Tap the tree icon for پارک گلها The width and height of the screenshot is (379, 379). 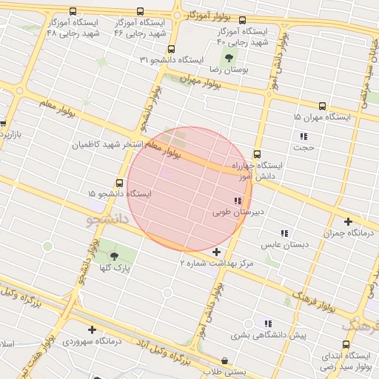(113, 256)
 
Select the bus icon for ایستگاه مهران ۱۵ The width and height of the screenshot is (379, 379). (322, 106)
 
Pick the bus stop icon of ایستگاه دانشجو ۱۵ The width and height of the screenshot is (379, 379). (119, 182)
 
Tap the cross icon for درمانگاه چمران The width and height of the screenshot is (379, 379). (348, 221)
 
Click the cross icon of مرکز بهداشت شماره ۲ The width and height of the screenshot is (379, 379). (216, 252)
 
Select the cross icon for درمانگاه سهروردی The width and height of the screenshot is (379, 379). (92, 330)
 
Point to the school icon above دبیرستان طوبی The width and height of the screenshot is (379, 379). (237, 201)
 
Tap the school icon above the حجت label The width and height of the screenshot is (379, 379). (303, 135)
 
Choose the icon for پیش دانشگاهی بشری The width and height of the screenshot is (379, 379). (268, 323)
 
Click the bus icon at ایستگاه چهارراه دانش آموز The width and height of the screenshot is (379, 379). (257, 154)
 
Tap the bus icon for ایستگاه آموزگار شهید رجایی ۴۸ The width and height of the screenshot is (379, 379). (72, 12)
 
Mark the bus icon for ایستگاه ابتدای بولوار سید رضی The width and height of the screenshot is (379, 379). (346, 344)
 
